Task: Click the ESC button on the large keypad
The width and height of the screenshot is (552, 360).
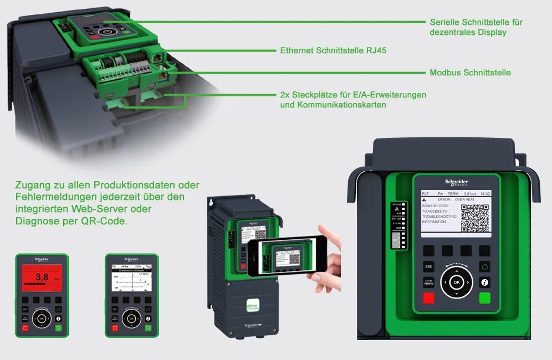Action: (428, 266)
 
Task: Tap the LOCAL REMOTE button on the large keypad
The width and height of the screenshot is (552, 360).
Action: (428, 282)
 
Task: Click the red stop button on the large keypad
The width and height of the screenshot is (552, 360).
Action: (428, 299)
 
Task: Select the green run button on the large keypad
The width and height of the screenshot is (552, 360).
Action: (485, 299)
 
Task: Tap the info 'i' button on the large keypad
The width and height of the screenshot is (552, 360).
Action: (485, 282)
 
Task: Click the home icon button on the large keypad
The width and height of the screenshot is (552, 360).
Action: (485, 266)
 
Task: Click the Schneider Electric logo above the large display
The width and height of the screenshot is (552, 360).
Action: (456, 183)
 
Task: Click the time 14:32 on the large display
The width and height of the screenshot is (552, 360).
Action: (485, 194)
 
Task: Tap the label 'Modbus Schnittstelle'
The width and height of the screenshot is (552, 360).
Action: (470, 73)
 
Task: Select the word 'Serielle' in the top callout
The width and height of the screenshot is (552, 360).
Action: (444, 22)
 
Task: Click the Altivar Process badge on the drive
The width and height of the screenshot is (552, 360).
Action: (253, 307)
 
